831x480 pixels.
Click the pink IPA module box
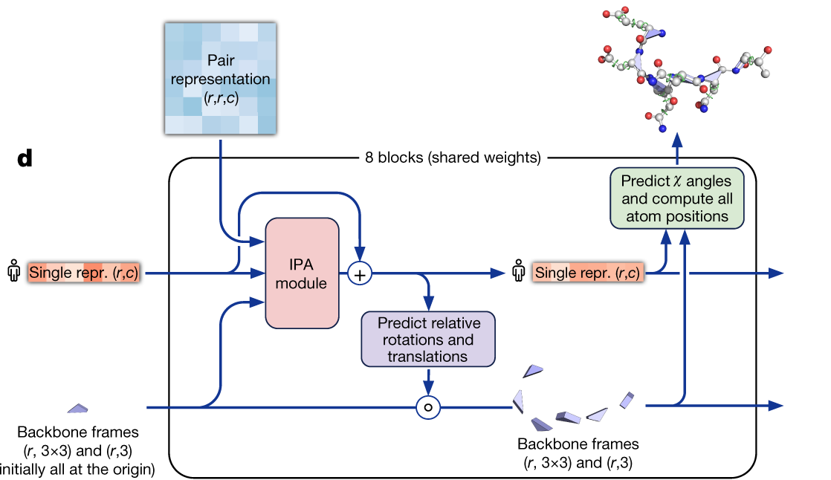[303, 273]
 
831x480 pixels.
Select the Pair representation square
[221, 78]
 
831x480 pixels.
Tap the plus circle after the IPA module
[360, 274]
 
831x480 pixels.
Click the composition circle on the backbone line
[427, 406]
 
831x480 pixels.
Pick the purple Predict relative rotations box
[427, 340]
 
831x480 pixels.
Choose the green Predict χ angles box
[676, 198]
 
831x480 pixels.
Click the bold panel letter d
[25, 158]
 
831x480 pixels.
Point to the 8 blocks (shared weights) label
[453, 158]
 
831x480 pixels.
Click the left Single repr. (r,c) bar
[83, 273]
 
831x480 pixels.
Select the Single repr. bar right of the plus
[588, 273]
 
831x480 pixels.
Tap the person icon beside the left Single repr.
[13, 273]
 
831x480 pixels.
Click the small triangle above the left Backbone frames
[77, 408]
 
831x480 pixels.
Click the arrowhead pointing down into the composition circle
[427, 390]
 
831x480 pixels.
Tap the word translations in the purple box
[427, 356]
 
